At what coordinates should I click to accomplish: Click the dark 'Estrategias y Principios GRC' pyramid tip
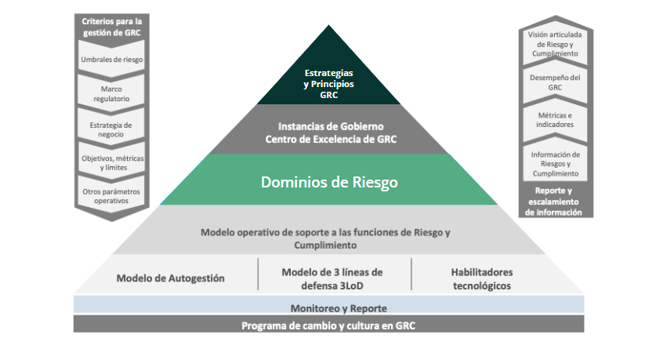[x=328, y=83]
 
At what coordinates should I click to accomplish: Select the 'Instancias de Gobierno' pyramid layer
[x=328, y=133]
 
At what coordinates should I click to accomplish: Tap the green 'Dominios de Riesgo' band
[x=328, y=182]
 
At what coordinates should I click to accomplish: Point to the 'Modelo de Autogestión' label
[x=171, y=278]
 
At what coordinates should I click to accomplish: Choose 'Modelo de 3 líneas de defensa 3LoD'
[x=332, y=278]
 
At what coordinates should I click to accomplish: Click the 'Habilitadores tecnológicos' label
[x=480, y=278]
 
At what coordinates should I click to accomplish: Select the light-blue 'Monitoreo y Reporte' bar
[x=328, y=307]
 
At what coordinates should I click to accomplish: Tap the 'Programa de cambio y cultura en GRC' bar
[x=328, y=325]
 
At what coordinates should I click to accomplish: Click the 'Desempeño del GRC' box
[x=555, y=82]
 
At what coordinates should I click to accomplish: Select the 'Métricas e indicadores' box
[x=555, y=120]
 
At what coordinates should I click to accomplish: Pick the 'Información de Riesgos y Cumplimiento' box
[x=555, y=163]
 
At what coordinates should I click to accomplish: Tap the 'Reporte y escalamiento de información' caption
[x=555, y=201]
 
